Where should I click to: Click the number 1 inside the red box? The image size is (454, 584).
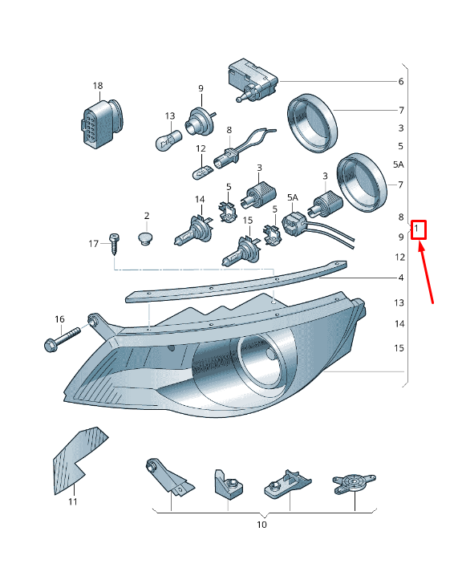coord(416,228)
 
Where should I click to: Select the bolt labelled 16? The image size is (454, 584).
coord(62,339)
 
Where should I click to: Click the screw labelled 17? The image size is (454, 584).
coord(113,244)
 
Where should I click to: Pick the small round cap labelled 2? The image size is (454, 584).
coord(146,238)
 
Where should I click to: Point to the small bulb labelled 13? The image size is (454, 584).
coord(168,139)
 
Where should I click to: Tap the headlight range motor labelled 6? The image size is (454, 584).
coord(253,80)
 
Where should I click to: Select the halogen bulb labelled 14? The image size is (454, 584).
coord(193,230)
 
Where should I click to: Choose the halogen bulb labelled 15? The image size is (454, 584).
coord(241,251)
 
